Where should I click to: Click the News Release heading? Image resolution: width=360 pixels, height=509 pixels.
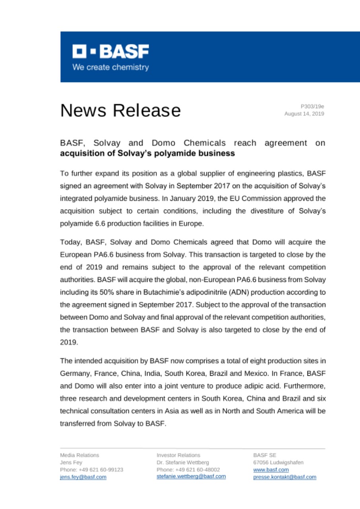[120, 110]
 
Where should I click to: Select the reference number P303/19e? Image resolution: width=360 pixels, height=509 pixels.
[312, 106]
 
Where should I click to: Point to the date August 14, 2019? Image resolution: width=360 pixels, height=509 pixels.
[304, 114]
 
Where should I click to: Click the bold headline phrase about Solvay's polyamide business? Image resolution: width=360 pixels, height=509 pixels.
[147, 153]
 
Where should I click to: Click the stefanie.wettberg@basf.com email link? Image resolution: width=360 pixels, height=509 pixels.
[191, 476]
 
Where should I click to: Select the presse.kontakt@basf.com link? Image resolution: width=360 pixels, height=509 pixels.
[284, 477]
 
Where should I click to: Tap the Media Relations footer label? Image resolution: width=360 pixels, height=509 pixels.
[80, 455]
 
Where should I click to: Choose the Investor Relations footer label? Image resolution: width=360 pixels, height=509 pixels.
[179, 455]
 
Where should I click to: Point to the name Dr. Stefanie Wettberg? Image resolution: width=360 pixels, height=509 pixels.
[183, 462]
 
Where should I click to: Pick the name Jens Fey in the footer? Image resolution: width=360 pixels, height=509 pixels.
[71, 462]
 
